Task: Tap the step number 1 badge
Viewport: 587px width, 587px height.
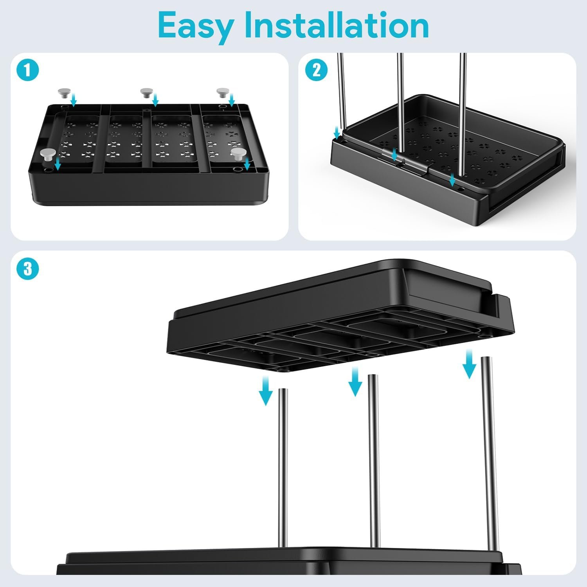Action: tap(28, 71)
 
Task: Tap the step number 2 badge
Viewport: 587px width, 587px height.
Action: tap(316, 70)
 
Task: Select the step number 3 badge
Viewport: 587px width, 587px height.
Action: tap(28, 269)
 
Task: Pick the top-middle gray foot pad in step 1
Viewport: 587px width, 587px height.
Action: tap(146, 93)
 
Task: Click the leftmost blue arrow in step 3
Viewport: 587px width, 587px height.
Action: tap(266, 391)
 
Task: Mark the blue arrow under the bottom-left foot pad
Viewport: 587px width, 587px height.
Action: tap(58, 164)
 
